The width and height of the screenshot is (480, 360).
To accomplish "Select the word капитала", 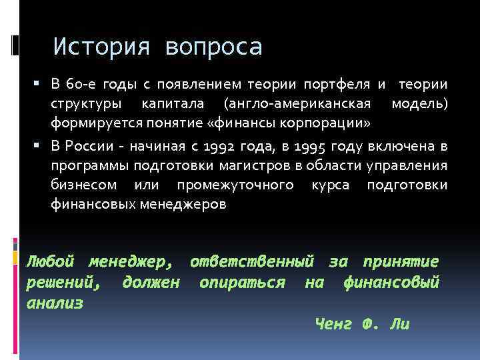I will coord(178,105).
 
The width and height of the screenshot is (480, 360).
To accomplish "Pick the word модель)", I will coord(419,105).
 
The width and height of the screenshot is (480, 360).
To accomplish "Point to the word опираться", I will coord(243,283).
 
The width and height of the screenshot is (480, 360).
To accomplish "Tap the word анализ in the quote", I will coord(55,303).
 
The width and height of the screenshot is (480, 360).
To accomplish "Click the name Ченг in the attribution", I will coord(331,325).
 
